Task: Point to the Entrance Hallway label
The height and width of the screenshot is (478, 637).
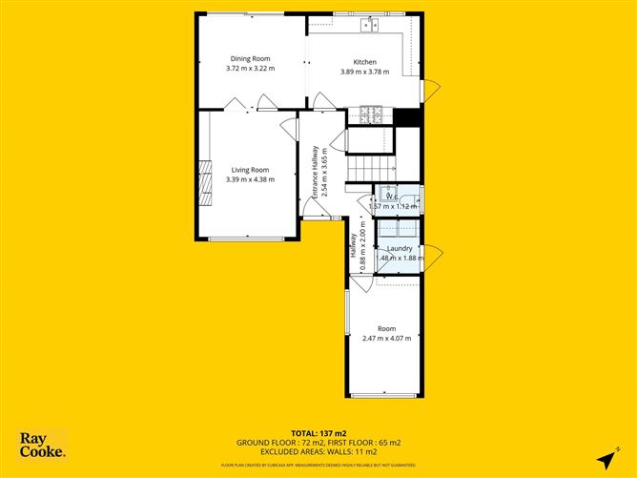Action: pyautogui.click(x=315, y=172)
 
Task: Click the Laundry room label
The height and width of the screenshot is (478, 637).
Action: pyautogui.click(x=400, y=248)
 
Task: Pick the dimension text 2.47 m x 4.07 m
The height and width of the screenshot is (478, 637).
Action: pyautogui.click(x=387, y=338)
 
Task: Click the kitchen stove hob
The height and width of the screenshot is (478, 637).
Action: pyautogui.click(x=370, y=116)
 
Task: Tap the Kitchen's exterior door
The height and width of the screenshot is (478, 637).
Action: pyautogui.click(x=431, y=91)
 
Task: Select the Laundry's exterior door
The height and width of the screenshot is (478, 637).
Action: pyautogui.click(x=431, y=257)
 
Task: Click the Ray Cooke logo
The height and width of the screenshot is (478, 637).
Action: pyautogui.click(x=43, y=446)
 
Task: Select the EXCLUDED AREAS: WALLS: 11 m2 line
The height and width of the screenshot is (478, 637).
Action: pyautogui.click(x=318, y=452)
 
